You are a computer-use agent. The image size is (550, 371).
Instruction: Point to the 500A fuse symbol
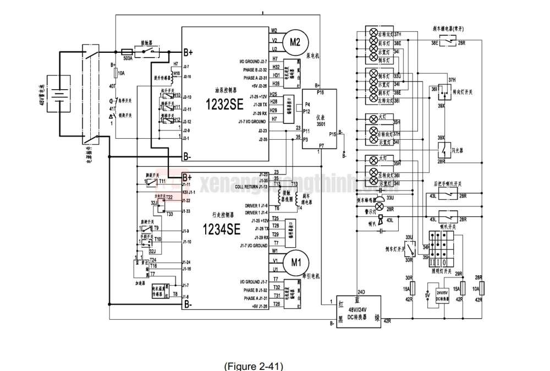[x=127, y=49]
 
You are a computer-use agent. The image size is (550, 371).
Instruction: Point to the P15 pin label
[x=332, y=134]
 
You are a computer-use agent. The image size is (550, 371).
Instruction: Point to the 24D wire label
[x=361, y=292]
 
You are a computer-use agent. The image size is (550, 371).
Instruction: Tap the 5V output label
[x=427, y=295]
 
